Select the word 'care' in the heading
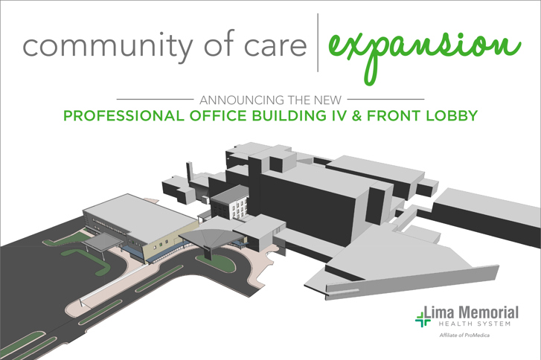tap(275, 47)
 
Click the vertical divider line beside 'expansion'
tap(318, 42)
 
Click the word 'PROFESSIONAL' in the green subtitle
tap(124, 116)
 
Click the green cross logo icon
tap(423, 318)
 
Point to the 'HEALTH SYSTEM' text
tap(475, 324)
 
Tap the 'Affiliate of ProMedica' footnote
tap(464, 335)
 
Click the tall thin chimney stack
tap(189, 171)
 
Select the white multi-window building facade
tap(240, 208)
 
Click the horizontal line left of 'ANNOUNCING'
tap(155, 100)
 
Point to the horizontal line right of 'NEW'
tap(385, 100)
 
